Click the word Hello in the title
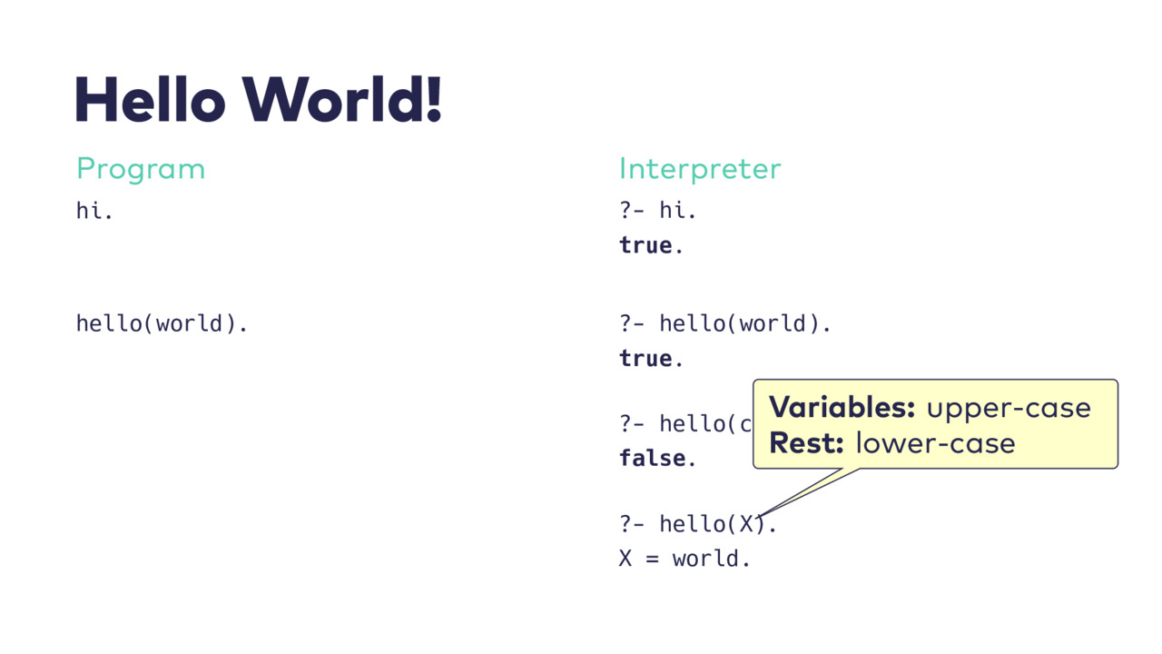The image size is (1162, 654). point(151,99)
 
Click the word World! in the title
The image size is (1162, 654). point(342,99)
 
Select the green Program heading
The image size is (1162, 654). point(141,169)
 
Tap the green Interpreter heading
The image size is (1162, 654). point(700,169)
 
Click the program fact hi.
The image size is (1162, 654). point(94,211)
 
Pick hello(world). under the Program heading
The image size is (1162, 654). point(162,323)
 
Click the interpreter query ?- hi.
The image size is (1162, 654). point(658,211)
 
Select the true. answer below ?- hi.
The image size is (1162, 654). point(651,245)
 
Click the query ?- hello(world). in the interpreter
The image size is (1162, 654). point(725,323)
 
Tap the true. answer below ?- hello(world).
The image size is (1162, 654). point(651,359)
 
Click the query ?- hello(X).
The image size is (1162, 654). point(698,524)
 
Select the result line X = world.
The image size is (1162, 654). point(684,559)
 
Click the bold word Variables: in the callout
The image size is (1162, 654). point(842,407)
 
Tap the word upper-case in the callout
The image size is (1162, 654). point(1009,409)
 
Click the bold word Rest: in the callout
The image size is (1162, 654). point(806,443)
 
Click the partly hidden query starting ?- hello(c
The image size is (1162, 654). point(685,424)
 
